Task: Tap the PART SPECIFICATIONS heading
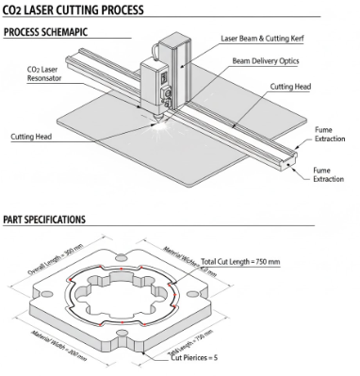45,220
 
